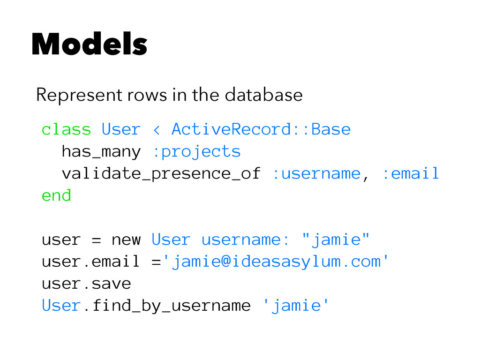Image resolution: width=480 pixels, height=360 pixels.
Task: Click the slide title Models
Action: pyautogui.click(x=89, y=45)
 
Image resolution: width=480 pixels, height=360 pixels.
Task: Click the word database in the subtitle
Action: pyautogui.click(x=263, y=95)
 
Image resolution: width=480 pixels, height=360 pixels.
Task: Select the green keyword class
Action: pyautogui.click(x=66, y=129)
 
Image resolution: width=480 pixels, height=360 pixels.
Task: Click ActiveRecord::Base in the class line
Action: pyautogui.click(x=261, y=129)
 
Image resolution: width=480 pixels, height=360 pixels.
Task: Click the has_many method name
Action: pyautogui.click(x=101, y=151)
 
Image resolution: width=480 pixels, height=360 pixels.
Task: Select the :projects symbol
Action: pyautogui.click(x=196, y=151)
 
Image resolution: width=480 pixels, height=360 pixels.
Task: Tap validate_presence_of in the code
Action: pyautogui.click(x=161, y=173)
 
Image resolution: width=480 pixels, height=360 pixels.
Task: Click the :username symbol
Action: pyautogui.click(x=316, y=173)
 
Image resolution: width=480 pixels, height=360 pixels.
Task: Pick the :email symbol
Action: pyautogui.click(x=410, y=173)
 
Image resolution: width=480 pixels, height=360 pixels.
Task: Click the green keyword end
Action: pyautogui.click(x=56, y=195)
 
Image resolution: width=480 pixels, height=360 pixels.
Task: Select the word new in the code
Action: pyautogui.click(x=126, y=240)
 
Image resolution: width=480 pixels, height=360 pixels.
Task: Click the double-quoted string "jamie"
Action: pyautogui.click(x=336, y=240)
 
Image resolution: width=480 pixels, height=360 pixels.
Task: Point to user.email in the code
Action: pyautogui.click(x=90, y=262)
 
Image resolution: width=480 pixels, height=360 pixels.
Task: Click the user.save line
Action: pyautogui.click(x=86, y=284)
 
